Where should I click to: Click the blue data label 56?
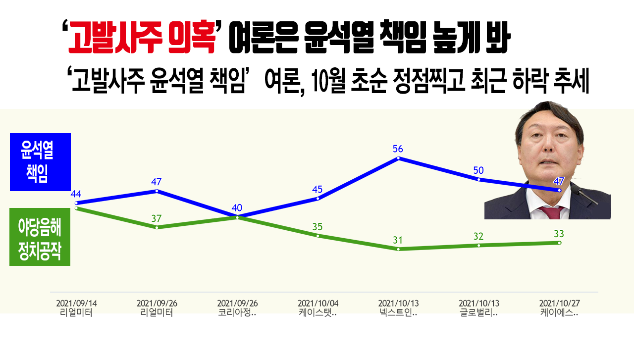tap(398, 149)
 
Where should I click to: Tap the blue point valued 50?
tap(479, 179)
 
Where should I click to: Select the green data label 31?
tap(398, 240)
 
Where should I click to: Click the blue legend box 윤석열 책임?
tap(40, 162)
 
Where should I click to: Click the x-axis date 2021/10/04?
tap(317, 303)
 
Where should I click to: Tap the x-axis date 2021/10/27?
tap(559, 303)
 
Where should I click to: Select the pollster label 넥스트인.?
tap(398, 313)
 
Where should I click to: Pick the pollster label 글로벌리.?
tap(478, 313)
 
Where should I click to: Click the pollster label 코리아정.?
tap(237, 313)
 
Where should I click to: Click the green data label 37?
tap(157, 218)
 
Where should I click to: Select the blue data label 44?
tap(76, 194)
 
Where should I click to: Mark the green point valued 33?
tap(559, 243)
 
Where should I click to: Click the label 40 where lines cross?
tap(237, 207)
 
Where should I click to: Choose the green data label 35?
tap(317, 227)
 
